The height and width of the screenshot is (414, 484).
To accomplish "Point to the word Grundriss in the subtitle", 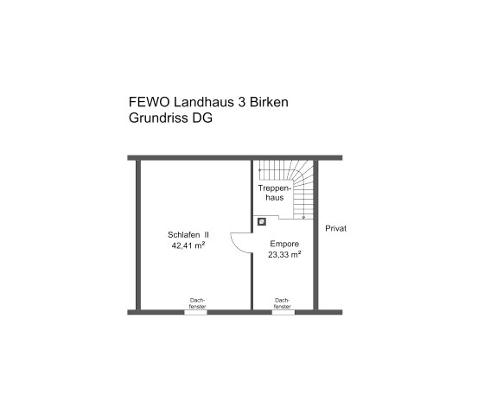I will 157,119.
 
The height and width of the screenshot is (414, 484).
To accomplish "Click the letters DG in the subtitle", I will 202,119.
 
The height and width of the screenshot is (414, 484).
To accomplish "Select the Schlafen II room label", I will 188,234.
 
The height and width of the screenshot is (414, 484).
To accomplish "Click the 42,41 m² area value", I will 188,245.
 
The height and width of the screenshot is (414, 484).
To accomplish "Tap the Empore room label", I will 283,244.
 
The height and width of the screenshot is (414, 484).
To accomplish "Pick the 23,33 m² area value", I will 283,255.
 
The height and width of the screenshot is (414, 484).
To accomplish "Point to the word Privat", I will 335,228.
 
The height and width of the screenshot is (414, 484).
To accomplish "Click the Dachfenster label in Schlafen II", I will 197,303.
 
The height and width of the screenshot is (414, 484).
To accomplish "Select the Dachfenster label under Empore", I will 282,303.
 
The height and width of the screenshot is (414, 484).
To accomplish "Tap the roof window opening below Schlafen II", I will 196,312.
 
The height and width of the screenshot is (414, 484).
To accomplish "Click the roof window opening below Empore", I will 282,312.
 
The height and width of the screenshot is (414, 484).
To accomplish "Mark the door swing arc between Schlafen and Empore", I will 237,245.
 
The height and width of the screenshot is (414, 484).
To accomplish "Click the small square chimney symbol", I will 260,220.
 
